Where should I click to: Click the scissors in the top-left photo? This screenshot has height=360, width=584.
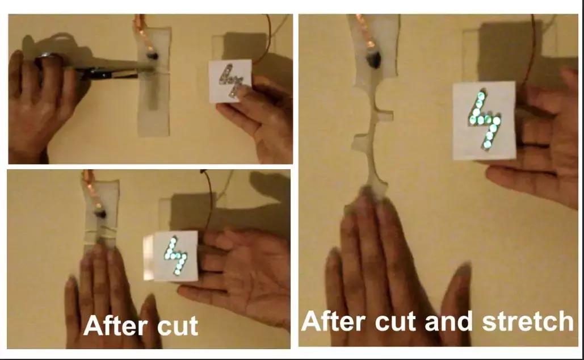pos(93,68)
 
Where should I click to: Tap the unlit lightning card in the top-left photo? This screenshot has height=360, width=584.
pos(230,81)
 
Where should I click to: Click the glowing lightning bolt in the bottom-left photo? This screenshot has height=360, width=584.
pos(176,256)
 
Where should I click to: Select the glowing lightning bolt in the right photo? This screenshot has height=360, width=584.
pos(484,119)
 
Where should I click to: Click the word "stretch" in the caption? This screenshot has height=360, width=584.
pos(528,321)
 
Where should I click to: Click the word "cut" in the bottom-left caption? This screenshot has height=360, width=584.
pos(178,326)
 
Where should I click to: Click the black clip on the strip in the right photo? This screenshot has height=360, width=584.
pos(373,60)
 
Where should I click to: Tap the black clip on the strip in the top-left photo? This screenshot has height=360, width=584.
pos(152,56)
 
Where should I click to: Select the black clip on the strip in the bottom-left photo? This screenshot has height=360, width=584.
pos(100,214)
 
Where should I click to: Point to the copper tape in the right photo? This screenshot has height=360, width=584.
pos(365,31)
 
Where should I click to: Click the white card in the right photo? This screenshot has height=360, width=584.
pos(484,120)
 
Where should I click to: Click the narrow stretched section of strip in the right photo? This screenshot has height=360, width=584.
pos(371,141)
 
